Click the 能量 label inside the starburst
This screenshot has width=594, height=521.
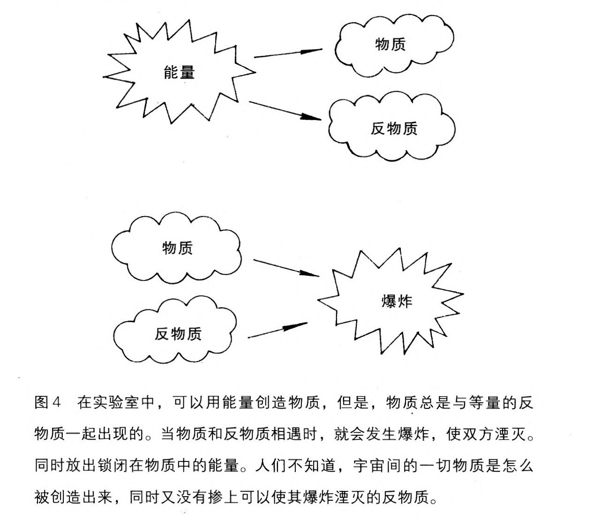(x=179, y=72)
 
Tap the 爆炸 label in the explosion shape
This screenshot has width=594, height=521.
(x=397, y=301)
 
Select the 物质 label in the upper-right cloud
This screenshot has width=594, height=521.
(x=390, y=44)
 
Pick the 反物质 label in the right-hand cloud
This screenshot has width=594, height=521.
(x=394, y=128)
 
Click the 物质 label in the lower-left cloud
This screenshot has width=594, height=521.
(x=177, y=248)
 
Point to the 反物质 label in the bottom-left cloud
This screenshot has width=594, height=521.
(x=178, y=334)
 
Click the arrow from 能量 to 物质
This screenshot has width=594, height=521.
(x=288, y=53)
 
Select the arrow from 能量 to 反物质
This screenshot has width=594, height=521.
(x=285, y=111)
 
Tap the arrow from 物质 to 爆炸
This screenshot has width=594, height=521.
(x=286, y=268)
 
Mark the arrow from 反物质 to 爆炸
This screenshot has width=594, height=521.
(x=278, y=330)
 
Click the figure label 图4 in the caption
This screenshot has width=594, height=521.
(x=47, y=402)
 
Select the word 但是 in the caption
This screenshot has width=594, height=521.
(x=353, y=402)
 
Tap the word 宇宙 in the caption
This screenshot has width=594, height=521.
(x=368, y=466)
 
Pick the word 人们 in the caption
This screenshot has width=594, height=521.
(x=271, y=466)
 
